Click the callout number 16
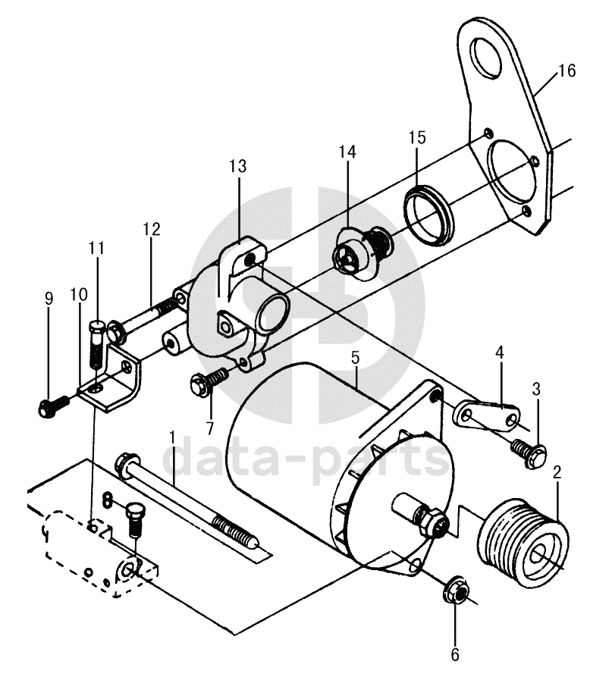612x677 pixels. click(x=566, y=71)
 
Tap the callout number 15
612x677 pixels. click(x=418, y=137)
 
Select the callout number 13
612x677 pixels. click(x=238, y=166)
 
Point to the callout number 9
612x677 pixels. click(x=49, y=298)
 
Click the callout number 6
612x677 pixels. click(x=455, y=654)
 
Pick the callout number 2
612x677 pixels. click(x=557, y=472)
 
